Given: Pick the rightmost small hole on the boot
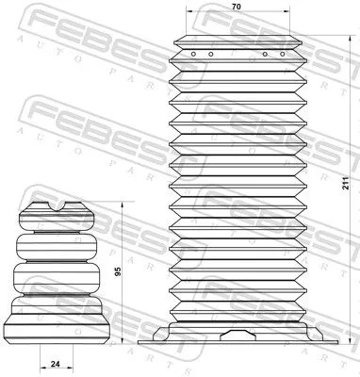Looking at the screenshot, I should coord(281,54).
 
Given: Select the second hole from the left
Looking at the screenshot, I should coord(208,54).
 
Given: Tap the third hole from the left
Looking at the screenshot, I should coord(265,54).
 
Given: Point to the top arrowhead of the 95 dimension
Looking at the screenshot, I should coord(121,204).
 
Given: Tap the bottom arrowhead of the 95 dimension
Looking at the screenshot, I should coord(121,342).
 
